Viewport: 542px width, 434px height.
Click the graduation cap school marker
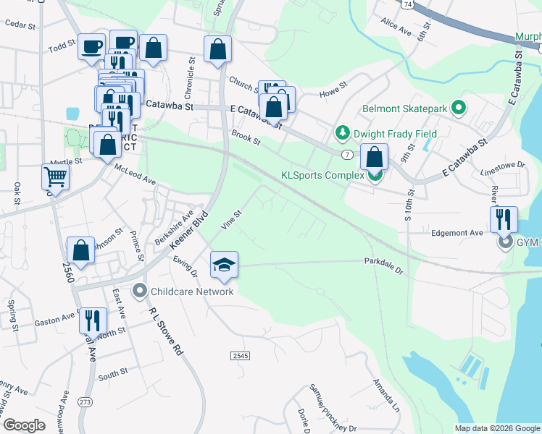[225, 265]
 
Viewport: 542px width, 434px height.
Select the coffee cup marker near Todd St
[92, 46]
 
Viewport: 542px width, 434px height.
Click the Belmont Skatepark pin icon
[458, 109]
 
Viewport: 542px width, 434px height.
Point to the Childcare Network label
[193, 291]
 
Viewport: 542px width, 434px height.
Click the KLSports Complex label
[323, 175]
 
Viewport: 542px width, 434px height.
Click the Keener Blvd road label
[190, 231]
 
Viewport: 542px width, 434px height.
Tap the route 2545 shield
[241, 356]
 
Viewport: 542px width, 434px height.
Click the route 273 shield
[86, 401]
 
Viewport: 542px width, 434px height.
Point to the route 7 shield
[349, 155]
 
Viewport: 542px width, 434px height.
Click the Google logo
[24, 425]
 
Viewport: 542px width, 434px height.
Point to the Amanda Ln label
[385, 394]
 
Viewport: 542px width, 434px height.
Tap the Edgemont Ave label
[456, 233]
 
